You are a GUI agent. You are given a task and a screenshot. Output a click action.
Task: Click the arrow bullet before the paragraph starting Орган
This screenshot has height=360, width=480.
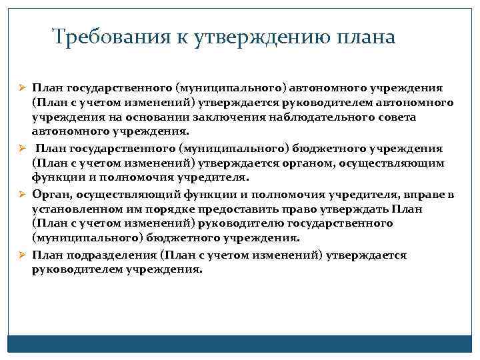21,194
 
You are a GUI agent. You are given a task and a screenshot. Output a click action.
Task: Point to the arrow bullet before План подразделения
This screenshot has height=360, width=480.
21,255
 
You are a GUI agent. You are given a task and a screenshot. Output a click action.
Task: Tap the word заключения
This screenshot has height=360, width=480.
258,117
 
